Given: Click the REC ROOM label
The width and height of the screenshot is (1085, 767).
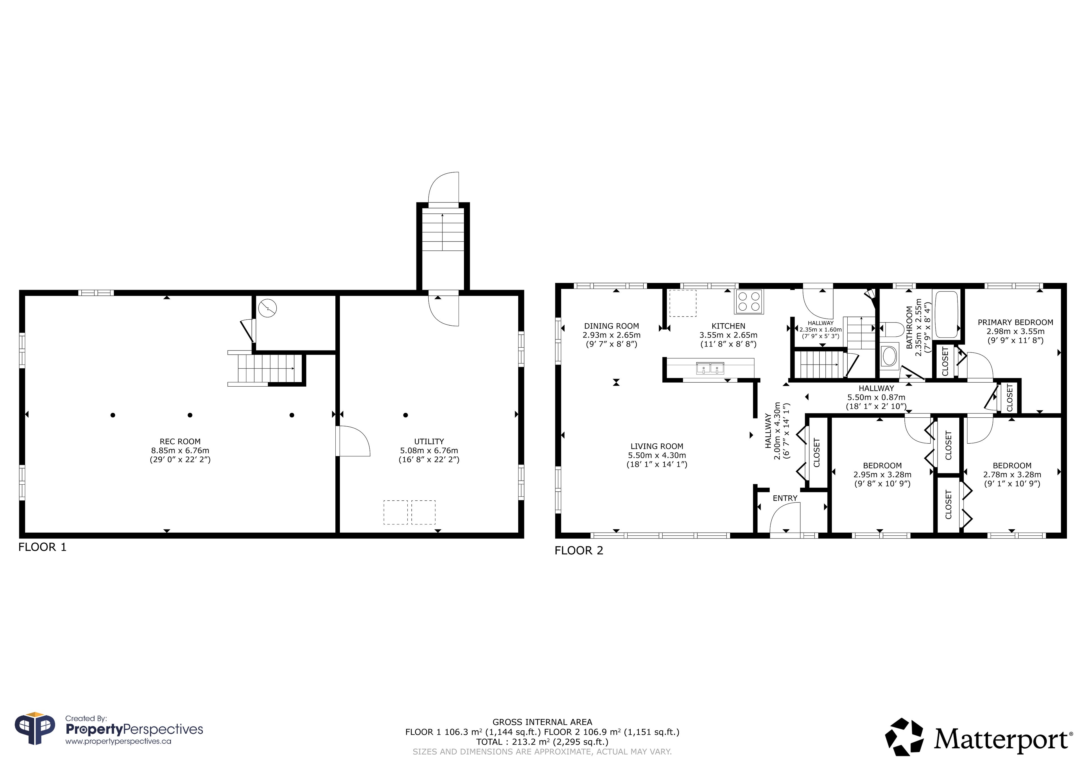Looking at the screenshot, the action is [x=180, y=442].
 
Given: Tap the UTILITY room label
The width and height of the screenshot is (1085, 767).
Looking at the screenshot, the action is [x=429, y=442].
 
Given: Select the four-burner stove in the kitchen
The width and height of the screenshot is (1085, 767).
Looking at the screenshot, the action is [x=749, y=301].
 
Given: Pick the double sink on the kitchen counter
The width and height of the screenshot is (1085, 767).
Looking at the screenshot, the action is [x=710, y=368].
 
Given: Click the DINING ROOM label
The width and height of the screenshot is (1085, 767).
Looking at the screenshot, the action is [x=611, y=326].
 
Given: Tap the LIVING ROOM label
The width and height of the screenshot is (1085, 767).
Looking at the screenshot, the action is [x=657, y=446].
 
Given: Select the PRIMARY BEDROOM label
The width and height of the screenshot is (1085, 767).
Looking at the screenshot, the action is [x=1015, y=323].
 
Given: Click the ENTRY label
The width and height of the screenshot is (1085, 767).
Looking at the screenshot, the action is [x=785, y=498].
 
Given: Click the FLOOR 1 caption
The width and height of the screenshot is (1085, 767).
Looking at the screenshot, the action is [x=43, y=547].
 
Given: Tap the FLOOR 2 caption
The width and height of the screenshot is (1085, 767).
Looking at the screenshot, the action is [x=579, y=551].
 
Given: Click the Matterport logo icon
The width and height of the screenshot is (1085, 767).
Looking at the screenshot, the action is [x=904, y=737].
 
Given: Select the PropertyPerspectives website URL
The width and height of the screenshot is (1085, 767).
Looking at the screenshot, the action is [x=118, y=742].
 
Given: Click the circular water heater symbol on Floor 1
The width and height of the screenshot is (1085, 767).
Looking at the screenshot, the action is [x=268, y=308].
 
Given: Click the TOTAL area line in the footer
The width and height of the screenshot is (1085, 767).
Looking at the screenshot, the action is [x=542, y=742].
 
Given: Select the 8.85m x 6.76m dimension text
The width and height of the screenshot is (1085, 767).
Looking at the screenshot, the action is [x=180, y=450].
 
